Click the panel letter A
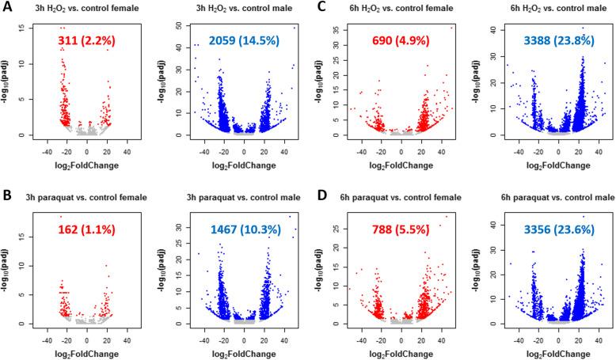coord(7,7)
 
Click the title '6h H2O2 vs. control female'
coord(388,8)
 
